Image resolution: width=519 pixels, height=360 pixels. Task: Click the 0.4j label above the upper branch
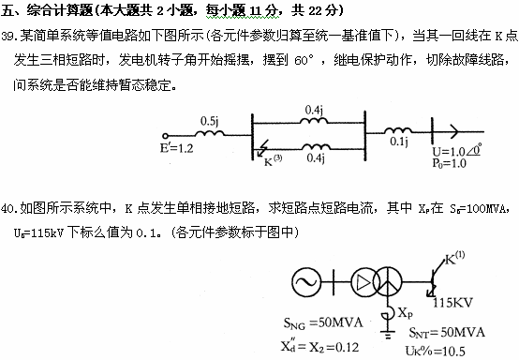pyautogui.click(x=316, y=109)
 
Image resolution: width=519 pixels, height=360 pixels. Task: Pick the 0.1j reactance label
pyautogui.click(x=398, y=142)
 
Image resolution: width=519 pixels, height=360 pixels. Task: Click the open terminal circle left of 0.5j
pyautogui.click(x=165, y=132)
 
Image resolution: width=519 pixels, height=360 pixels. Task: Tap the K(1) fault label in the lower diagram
pyautogui.click(x=456, y=260)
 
